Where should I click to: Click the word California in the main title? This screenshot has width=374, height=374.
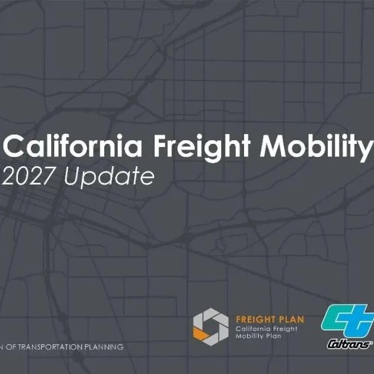[73, 146]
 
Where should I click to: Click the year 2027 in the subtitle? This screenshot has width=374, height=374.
[28, 176]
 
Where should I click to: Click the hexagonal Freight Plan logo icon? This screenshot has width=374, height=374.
[211, 327]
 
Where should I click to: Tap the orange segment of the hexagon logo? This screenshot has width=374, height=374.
[201, 334]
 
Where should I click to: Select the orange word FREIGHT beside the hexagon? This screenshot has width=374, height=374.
[253, 319]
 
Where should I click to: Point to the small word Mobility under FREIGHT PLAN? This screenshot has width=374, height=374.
[250, 336]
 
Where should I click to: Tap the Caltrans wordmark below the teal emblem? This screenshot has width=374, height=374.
[349, 344]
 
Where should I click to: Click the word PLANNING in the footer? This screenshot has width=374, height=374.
[104, 347]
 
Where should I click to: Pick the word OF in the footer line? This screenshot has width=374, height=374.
[11, 347]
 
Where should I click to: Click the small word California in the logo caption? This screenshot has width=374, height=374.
[253, 329]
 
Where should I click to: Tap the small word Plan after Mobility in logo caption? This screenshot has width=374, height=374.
[273, 336]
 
